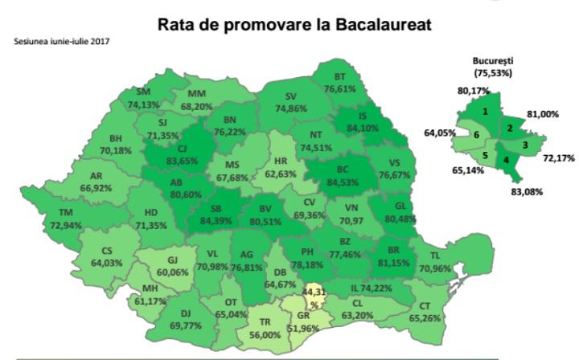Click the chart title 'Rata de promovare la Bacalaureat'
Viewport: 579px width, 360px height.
(x=294, y=25)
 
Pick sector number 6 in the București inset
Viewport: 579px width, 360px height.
(x=478, y=135)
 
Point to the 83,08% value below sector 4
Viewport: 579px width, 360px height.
(x=527, y=192)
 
